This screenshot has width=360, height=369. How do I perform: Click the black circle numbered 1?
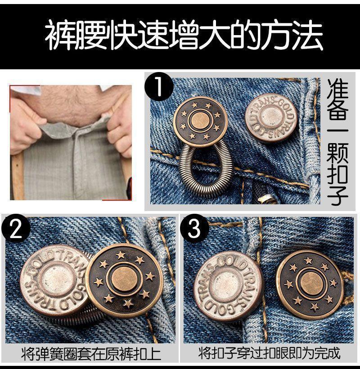pyautogui.click(x=159, y=86)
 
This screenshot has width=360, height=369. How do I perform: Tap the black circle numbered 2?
pyautogui.click(x=16, y=228)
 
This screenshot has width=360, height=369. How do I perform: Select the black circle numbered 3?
pyautogui.click(x=194, y=228)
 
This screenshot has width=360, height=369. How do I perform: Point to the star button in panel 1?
pyautogui.click(x=200, y=121)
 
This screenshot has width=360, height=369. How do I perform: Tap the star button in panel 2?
pyautogui.click(x=124, y=279)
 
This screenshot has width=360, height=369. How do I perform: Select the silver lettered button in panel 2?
pyautogui.click(x=55, y=280)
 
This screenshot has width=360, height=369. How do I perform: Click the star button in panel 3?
pyautogui.click(x=310, y=284)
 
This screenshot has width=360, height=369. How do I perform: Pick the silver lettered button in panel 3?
pyautogui.click(x=228, y=286)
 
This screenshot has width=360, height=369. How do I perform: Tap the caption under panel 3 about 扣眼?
pyautogui.click(x=269, y=353)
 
